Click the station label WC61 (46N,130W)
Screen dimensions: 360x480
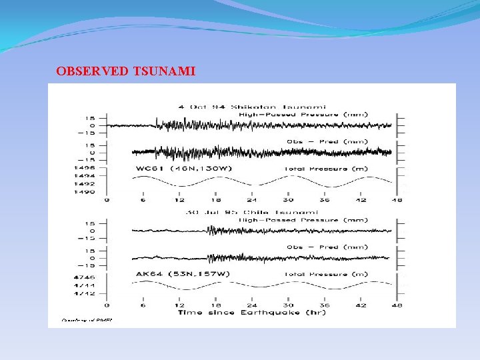[184, 169]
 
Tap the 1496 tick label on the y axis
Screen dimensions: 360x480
[89, 169]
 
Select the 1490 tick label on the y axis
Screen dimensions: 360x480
[89, 191]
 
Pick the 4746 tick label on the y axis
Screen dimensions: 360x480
[89, 276]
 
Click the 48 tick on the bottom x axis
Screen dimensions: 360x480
[397, 305]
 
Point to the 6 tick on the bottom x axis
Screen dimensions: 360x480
[143, 305]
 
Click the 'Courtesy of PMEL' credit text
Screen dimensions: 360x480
[87, 320]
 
